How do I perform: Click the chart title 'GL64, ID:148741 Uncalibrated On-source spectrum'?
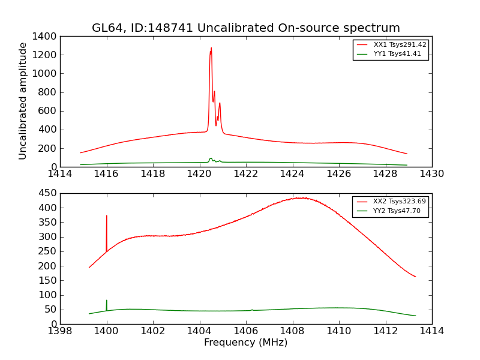click(x=245, y=28)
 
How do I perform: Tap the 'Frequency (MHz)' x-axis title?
click(x=245, y=343)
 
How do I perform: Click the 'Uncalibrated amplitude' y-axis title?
click(x=23, y=101)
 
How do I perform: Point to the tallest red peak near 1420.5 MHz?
click(x=211, y=49)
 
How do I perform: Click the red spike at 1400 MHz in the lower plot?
click(x=107, y=217)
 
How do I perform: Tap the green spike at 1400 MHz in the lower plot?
click(x=107, y=301)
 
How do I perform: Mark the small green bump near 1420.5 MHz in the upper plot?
click(x=211, y=159)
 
